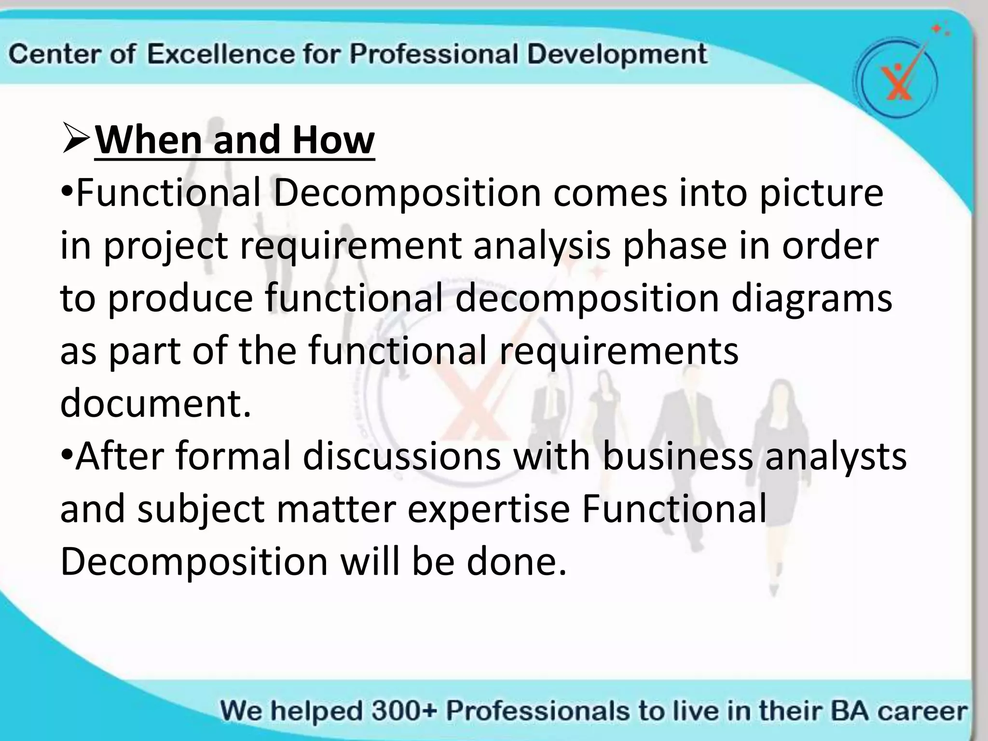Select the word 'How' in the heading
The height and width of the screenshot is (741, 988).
(333, 140)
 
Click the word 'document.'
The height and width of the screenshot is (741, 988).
(156, 403)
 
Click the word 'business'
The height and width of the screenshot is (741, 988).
(677, 456)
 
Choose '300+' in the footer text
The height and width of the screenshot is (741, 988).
(403, 711)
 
